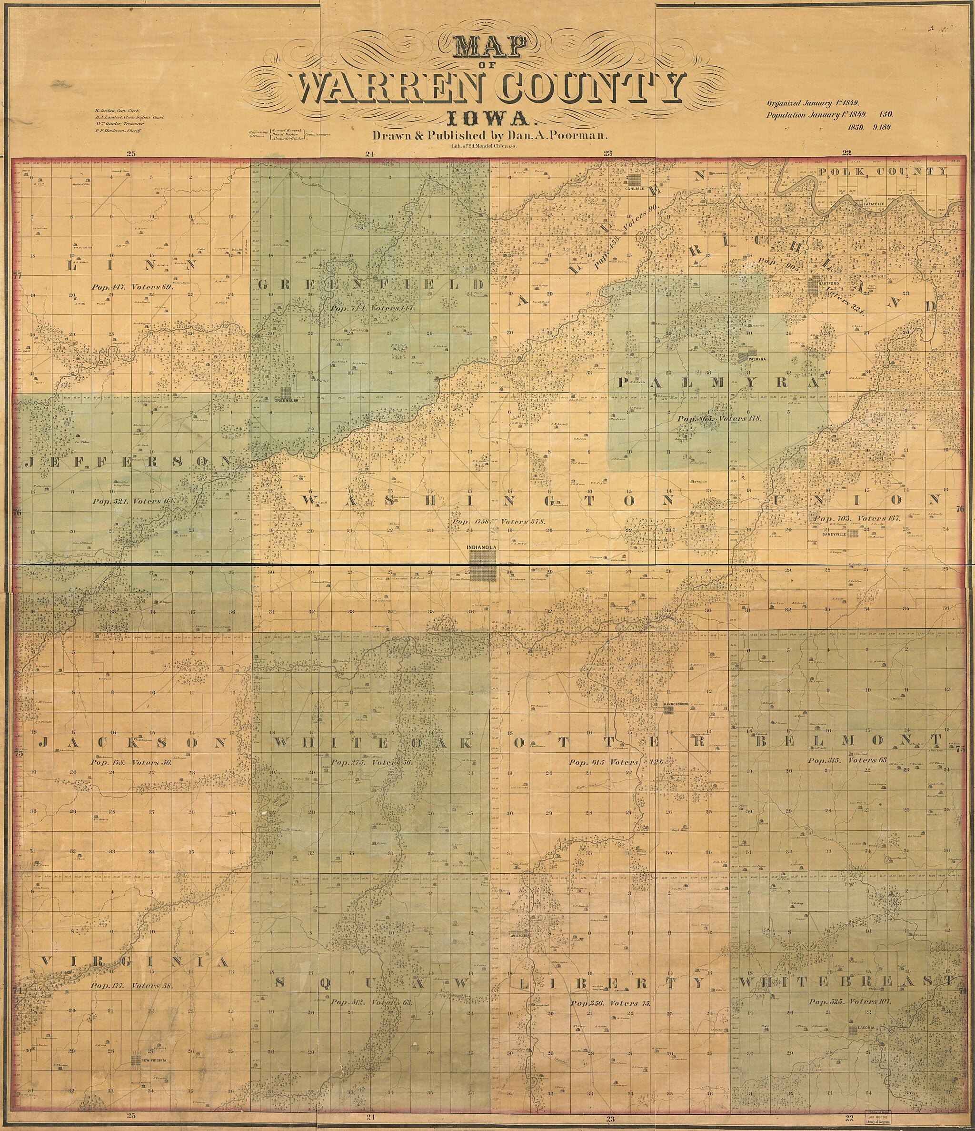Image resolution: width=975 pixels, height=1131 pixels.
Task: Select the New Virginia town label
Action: [153, 1060]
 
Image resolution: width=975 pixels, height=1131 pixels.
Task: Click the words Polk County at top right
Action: [883, 172]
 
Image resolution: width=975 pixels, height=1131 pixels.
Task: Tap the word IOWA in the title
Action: [490, 119]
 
